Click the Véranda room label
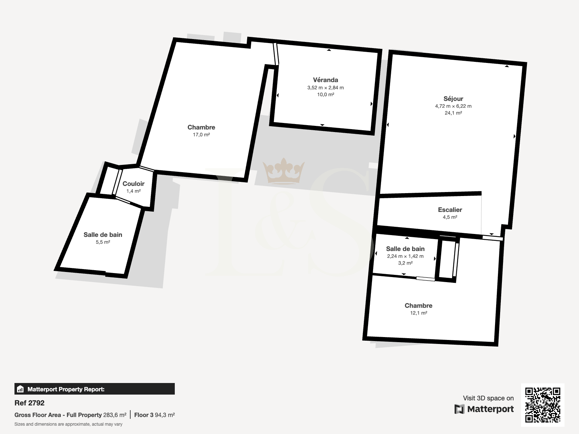(325, 80)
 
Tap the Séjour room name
(453, 99)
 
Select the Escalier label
(450, 210)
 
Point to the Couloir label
(134, 184)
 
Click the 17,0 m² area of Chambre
(201, 135)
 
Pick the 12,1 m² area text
(419, 313)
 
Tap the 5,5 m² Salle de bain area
(103, 242)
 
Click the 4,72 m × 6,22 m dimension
(453, 106)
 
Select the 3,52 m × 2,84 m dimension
(325, 88)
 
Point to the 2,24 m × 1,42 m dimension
(405, 256)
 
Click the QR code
(542, 405)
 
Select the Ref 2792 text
(30, 403)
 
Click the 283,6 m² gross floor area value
(115, 415)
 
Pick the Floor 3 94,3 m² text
(155, 415)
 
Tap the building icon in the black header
(20, 389)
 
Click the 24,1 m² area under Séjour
(453, 113)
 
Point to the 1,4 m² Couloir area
(134, 191)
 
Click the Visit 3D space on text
(488, 398)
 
